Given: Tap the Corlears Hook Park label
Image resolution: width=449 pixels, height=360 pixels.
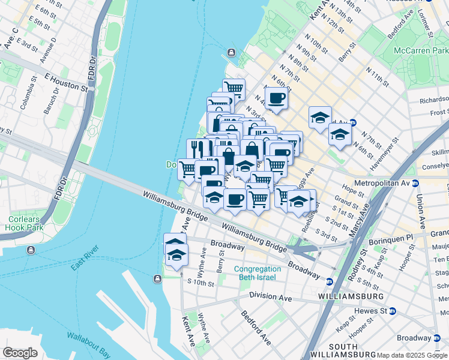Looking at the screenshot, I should coord(24,223).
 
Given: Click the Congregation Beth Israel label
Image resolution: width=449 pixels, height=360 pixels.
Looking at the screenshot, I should coord(258,273).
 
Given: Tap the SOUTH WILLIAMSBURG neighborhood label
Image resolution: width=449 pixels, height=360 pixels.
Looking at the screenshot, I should coord(351,351).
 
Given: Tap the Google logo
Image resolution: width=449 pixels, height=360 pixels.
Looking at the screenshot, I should coord(20,353).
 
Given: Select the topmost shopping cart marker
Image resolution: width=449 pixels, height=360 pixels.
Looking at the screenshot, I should coord(234,89).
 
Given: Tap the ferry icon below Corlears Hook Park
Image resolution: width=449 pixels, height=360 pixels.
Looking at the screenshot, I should coord(31,249).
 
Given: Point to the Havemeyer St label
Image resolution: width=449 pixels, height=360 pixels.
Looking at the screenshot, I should coord(386,154).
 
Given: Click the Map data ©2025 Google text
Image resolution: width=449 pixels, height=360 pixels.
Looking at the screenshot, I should coord(411,355).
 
